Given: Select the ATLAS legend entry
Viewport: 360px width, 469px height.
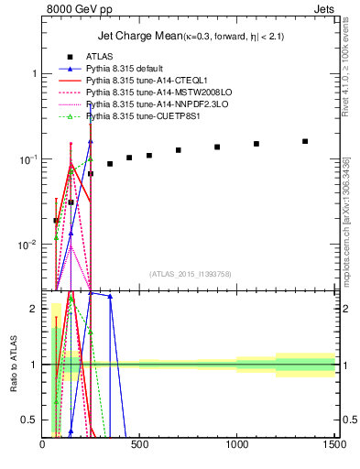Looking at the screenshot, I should pyautogui.click(x=98, y=57).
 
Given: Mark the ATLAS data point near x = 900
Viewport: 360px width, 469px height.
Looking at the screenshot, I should pyautogui.click(x=217, y=147).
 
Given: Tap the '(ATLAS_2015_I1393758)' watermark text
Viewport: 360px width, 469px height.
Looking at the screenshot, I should pyautogui.click(x=189, y=274).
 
